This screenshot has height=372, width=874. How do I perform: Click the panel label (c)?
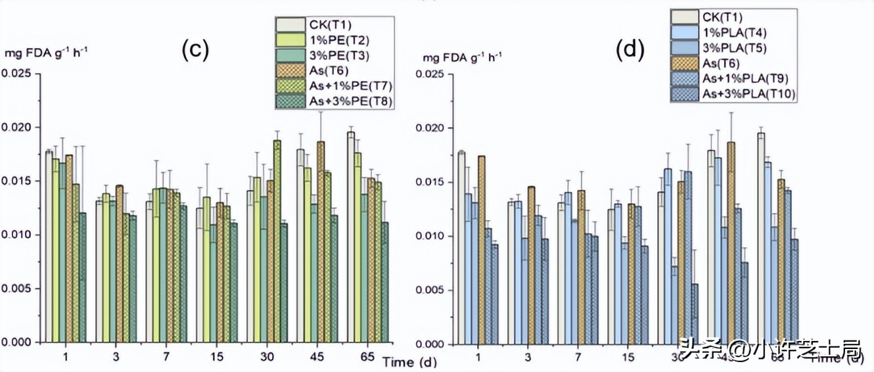[195, 50]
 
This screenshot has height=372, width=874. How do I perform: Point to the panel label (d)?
[631, 50]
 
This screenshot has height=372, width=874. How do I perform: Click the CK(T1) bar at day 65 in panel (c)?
[351, 237]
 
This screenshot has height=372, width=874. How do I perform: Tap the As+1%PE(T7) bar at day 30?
[277, 241]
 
